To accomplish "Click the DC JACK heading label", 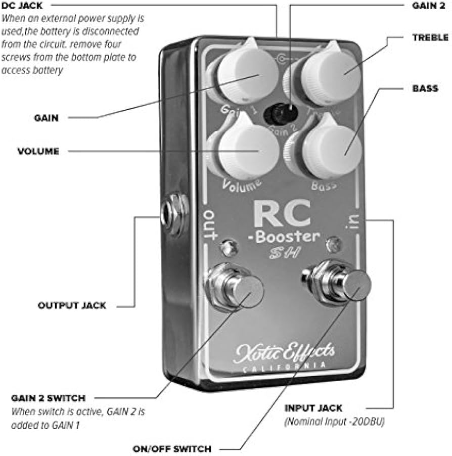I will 22,6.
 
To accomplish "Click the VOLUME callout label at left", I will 38,151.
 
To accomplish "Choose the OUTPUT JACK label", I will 72,305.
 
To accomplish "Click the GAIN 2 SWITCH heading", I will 48,398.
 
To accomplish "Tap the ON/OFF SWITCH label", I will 172,448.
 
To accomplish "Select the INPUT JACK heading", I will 313,407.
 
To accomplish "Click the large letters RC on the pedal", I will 282,214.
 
